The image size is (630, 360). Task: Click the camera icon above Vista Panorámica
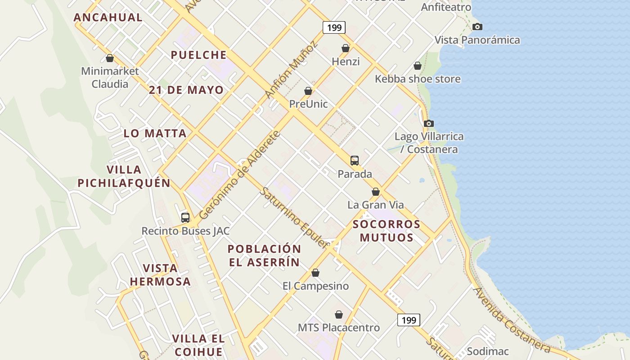477,27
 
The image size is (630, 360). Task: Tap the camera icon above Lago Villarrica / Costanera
429,123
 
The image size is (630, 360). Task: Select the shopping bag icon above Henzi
346,48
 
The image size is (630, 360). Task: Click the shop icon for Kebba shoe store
418,66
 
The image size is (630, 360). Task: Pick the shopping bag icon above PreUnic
308,91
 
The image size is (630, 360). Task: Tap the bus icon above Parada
355,161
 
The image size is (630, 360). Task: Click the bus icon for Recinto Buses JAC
185,218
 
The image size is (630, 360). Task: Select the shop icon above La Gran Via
376,192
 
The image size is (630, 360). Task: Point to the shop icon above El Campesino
315,273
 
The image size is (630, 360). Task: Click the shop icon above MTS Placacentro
339,315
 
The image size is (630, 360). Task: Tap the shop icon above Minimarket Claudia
110,58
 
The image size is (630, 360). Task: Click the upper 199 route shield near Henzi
334,27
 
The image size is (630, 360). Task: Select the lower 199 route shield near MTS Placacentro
409,320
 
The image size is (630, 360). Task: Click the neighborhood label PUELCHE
198,55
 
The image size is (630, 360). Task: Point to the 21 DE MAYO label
186,90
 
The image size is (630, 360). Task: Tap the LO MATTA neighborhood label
155,133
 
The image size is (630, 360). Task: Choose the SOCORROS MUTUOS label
387,231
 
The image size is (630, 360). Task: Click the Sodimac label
488,351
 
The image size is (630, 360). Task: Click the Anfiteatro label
446,7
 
